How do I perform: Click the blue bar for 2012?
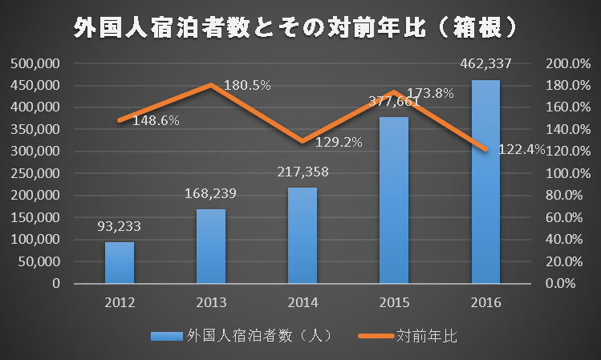point(119,262)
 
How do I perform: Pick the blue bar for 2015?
point(394,200)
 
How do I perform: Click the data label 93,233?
point(119,227)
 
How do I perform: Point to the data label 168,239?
point(211,193)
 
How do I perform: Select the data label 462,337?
point(485,63)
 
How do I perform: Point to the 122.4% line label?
point(522,149)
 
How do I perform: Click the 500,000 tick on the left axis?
point(36,63)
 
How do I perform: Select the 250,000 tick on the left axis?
point(36,173)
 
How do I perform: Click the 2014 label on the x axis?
point(303,303)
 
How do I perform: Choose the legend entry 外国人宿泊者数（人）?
point(249,334)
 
